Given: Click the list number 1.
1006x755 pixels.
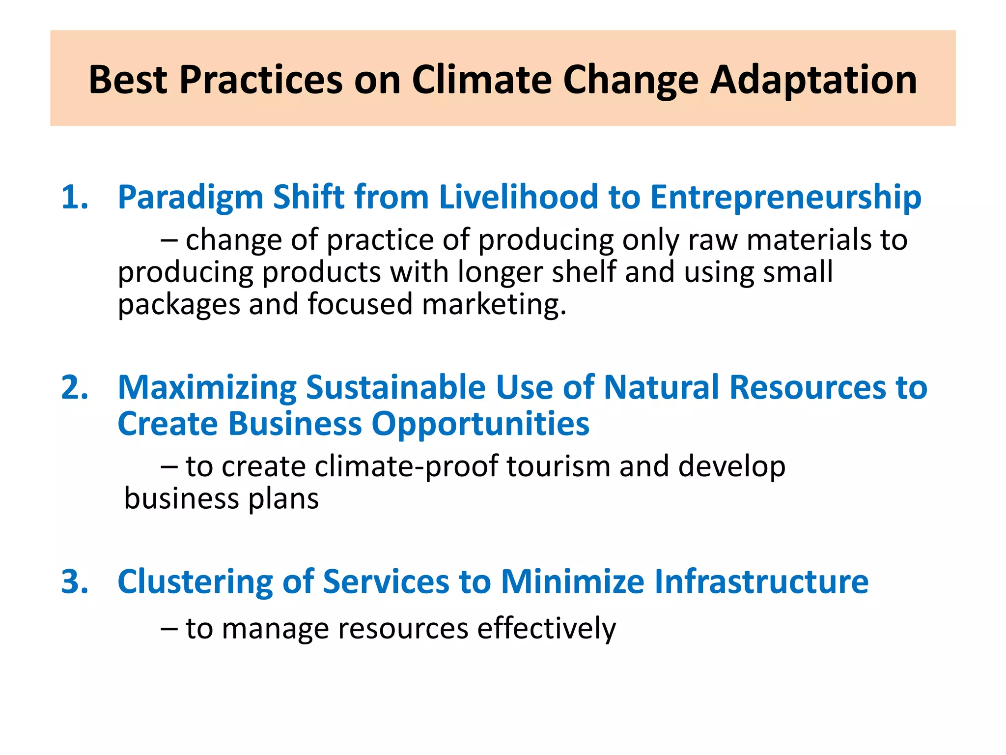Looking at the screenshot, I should [74, 198].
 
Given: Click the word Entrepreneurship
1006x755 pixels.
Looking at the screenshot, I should [785, 198].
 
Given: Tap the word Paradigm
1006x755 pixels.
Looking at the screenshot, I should [191, 198].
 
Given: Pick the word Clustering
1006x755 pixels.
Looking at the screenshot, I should [195, 582].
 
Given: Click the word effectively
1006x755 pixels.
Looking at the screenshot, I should [546, 629].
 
